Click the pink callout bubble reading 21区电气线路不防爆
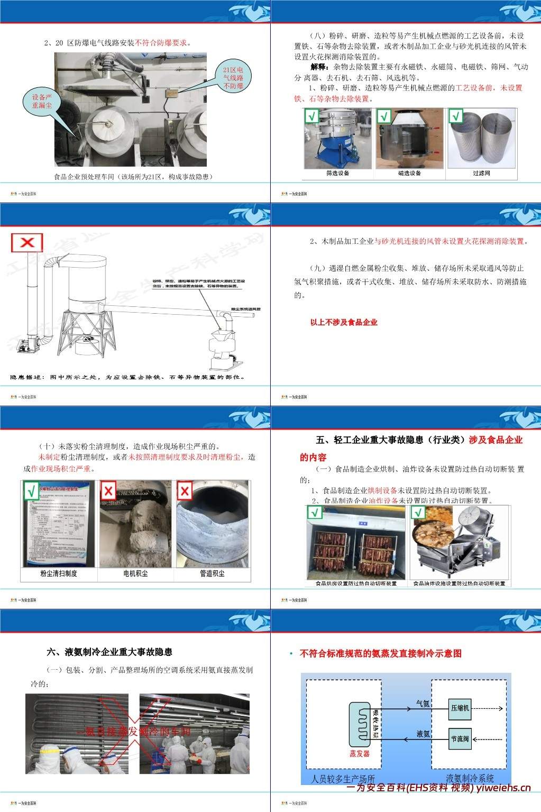coord(233,77)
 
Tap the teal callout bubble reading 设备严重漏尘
coord(42,101)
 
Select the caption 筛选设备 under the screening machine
coord(338,173)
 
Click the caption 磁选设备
coord(409,173)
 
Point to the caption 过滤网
coord(481,173)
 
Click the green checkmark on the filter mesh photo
coord(456,116)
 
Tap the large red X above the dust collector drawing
coord(27,243)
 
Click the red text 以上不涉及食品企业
coord(344,322)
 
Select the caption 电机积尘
coord(135,573)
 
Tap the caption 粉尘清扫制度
coord(59,573)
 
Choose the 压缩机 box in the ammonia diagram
coord(460,708)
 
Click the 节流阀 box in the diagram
coord(460,739)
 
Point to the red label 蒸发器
coord(360,753)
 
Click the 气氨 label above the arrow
coord(423,704)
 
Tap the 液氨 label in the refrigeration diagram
coord(423,734)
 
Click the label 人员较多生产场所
coord(343,779)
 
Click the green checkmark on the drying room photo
coord(315,513)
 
